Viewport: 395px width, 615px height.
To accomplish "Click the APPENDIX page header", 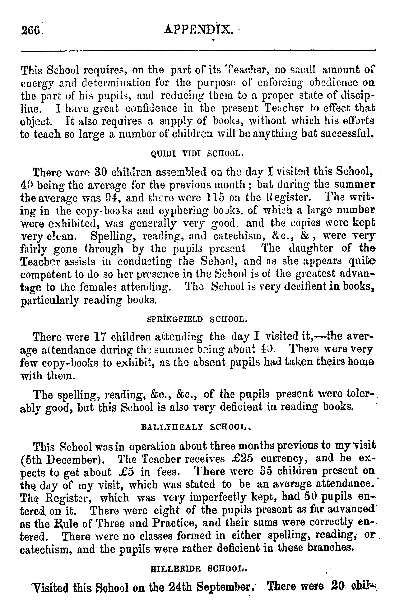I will tap(198, 30).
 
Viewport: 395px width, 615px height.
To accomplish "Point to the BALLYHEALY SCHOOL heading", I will tap(196, 427).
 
